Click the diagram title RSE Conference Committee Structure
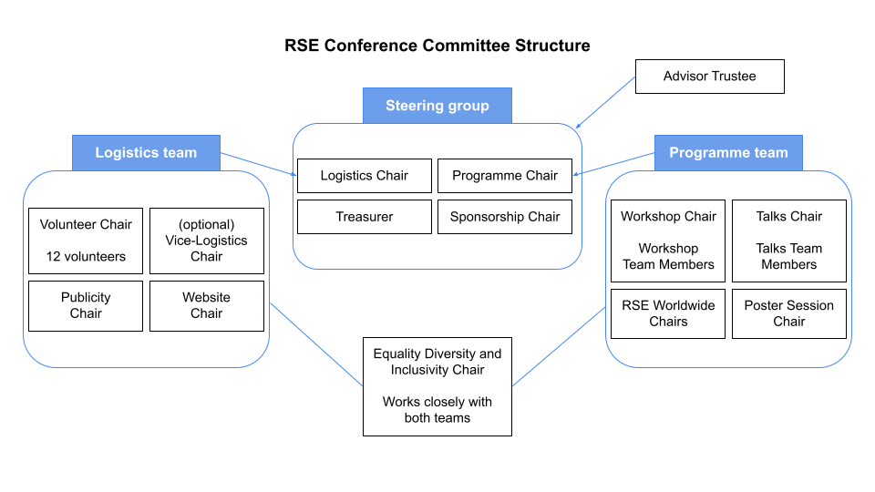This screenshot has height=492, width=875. pos(437,46)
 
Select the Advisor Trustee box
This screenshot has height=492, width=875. pos(710,77)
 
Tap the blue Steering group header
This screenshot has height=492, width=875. pos(437,106)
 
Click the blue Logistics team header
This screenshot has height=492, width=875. pos(146,153)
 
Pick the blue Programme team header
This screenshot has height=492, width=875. pos(728,153)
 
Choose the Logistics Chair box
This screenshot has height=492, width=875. pos(365,176)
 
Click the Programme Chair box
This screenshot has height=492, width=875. pos(505,176)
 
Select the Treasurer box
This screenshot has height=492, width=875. pos(365,217)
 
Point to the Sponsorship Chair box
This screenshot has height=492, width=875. pos(505,217)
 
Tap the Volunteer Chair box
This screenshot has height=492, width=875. pos(86,241)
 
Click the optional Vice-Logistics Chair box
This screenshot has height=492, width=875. pos(207,241)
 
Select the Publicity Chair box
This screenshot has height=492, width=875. pos(86,306)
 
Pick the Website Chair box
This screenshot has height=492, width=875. pos(207,306)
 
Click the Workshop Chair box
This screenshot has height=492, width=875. pos(668,241)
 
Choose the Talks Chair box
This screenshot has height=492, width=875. pos(789,241)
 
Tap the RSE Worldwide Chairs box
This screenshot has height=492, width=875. pos(668,313)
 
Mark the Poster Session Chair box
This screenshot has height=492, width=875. pos(789,313)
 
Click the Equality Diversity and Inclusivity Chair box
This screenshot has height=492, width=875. pos(437,386)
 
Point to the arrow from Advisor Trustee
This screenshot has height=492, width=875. pos(605,103)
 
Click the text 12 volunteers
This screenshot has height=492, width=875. pos(86,257)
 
